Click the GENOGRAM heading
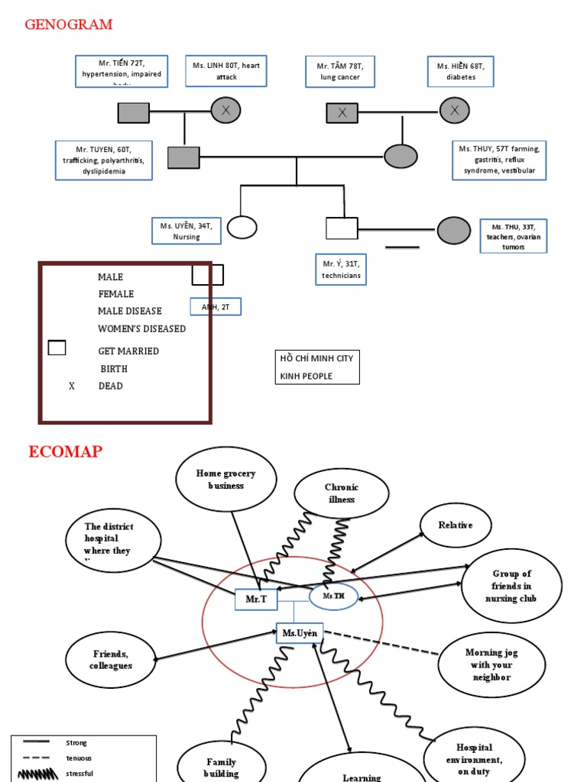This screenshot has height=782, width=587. [69, 24]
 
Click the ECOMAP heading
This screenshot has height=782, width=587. [65, 451]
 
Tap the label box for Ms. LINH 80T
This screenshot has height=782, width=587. [226, 71]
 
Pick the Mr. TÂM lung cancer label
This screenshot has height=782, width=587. [340, 72]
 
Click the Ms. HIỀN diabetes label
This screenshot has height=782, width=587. [460, 71]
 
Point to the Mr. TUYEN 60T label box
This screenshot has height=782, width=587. [103, 160]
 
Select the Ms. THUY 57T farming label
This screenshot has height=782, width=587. [499, 160]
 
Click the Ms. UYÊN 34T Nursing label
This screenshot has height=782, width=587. [186, 231]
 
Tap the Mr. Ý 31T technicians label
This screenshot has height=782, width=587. [341, 270]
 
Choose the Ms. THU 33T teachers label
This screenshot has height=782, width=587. [514, 236]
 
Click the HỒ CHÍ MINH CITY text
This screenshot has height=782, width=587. [316, 358]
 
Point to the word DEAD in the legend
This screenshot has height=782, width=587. [110, 386]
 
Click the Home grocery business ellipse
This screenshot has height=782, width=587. [225, 480]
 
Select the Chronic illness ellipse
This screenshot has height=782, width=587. [341, 493]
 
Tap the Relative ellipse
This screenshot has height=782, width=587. [456, 525]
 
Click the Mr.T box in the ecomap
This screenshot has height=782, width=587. [256, 600]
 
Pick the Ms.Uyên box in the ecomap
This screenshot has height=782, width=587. [300, 632]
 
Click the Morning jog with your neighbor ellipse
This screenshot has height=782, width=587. [491, 664]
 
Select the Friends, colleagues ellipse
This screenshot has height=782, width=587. [112, 660]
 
